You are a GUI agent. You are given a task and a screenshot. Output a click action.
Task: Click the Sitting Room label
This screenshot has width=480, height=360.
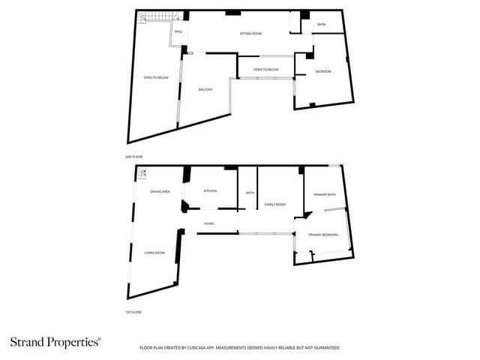coord(250,34)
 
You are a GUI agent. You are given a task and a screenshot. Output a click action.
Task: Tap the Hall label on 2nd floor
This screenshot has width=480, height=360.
coord(178,31)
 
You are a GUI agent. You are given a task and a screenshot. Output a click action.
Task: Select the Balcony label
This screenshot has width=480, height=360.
coord(206,89)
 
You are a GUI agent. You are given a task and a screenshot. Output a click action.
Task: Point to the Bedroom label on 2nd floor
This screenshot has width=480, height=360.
coord(323,71)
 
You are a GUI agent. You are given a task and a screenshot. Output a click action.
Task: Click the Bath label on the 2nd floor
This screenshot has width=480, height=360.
coord(322,25)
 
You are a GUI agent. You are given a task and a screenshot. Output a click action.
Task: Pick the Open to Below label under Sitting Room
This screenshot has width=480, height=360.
coord(266,70)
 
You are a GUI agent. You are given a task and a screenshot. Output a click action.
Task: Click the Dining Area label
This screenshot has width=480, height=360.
coord(160,192)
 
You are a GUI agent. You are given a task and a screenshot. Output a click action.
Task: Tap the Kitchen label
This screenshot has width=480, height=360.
coord(211,191)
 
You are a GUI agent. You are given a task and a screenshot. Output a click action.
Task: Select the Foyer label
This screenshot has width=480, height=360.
coord(209,223)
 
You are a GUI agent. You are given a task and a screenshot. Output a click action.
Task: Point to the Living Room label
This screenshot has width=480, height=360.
coord(154,253)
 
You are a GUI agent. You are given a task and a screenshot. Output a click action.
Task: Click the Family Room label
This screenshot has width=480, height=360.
coord(275,205)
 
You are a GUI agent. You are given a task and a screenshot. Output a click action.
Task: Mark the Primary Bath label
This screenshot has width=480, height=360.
coord(325,195)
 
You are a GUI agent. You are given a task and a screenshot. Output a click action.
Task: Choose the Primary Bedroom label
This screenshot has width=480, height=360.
coord(323,235)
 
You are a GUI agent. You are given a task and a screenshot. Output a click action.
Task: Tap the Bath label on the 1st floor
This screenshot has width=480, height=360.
coord(250,193)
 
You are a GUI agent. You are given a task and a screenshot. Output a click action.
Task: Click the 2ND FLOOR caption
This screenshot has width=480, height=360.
coord(134,156)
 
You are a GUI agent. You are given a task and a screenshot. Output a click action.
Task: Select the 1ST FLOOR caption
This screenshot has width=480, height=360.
coord(133,312)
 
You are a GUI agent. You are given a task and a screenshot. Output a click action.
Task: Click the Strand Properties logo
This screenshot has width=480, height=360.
coord(55,342)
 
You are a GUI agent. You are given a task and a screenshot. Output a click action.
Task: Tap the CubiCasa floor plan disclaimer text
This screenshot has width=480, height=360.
coord(240,348)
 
